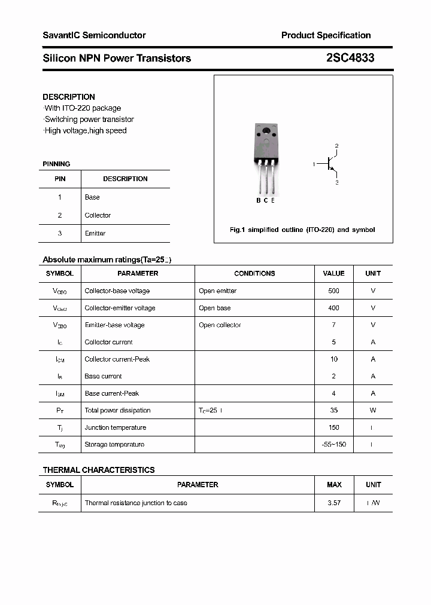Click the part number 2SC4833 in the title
click(350, 58)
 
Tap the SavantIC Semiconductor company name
click(94, 35)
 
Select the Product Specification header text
click(326, 35)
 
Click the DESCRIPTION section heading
click(69, 97)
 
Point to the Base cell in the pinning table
click(92, 197)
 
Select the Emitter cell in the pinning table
click(95, 233)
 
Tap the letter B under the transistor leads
click(259, 200)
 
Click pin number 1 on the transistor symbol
click(314, 163)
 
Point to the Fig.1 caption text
click(302, 230)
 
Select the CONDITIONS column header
click(254, 273)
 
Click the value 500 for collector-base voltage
click(333, 291)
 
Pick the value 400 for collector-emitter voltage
click(333, 308)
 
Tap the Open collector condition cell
click(220, 325)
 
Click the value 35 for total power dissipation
click(333, 410)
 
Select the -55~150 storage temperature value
click(333, 444)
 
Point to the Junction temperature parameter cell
click(116, 427)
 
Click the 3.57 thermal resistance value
click(333, 503)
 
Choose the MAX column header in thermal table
click(334, 485)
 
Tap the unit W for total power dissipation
click(373, 410)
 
